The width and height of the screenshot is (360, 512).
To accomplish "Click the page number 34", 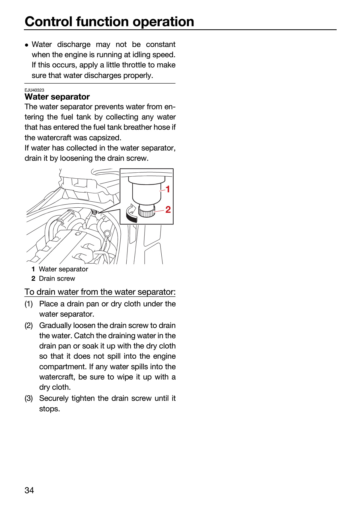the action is click(x=29, y=490).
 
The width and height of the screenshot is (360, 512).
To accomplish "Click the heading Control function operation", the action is click(x=109, y=22).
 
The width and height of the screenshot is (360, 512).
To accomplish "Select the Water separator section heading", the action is click(x=57, y=97).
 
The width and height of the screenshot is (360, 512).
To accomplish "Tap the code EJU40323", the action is click(x=34, y=90).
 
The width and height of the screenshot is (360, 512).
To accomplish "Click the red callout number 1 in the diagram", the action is click(x=168, y=189).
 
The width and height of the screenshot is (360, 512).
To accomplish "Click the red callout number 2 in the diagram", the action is click(x=168, y=210).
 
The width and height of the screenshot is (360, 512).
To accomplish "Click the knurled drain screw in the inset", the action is click(x=147, y=211).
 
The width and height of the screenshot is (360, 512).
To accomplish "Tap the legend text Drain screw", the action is click(x=57, y=278).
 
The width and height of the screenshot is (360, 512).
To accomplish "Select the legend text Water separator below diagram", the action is click(x=63, y=269).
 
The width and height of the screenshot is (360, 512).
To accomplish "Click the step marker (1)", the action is click(x=29, y=304).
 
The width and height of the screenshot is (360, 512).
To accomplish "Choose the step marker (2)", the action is click(x=29, y=325).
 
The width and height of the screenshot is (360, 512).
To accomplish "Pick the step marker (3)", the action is click(x=29, y=398).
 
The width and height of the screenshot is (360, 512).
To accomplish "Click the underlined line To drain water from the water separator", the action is click(x=100, y=292).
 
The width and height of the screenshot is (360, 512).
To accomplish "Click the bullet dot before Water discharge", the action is click(x=26, y=45).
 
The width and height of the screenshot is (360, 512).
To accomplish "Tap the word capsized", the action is click(x=105, y=138).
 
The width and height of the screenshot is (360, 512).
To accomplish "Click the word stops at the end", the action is click(x=50, y=409).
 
